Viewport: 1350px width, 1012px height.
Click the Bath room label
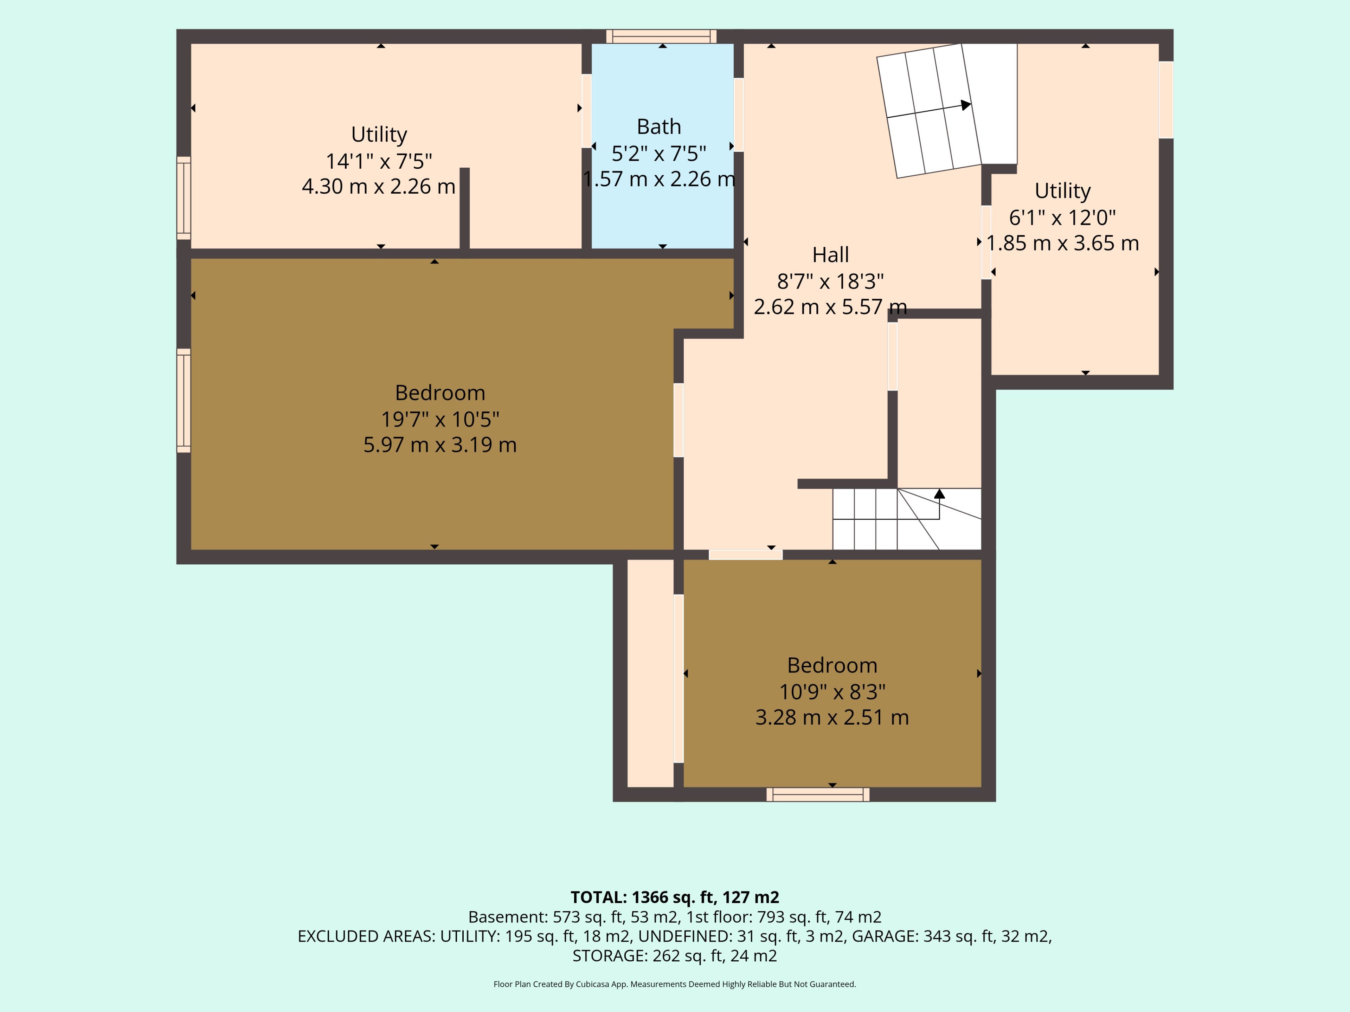pyautogui.click(x=658, y=127)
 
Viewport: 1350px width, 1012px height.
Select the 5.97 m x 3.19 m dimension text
pyautogui.click(x=440, y=445)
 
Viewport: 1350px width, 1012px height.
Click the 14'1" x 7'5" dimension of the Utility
pyautogui.click(x=379, y=161)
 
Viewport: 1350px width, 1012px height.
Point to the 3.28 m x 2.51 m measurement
pyautogui.click(x=832, y=718)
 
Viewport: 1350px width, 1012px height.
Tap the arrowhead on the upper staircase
pyautogui.click(x=965, y=105)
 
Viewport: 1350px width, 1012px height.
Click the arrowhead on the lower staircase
pyautogui.click(x=939, y=493)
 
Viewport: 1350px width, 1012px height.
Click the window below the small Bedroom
pyautogui.click(x=818, y=794)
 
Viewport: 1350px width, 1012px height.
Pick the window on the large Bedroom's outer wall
pyautogui.click(x=184, y=401)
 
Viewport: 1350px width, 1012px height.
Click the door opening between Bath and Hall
pyautogui.click(x=739, y=115)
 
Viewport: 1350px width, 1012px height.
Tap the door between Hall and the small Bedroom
pyautogui.click(x=746, y=554)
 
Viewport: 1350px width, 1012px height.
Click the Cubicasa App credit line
pyautogui.click(x=674, y=984)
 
